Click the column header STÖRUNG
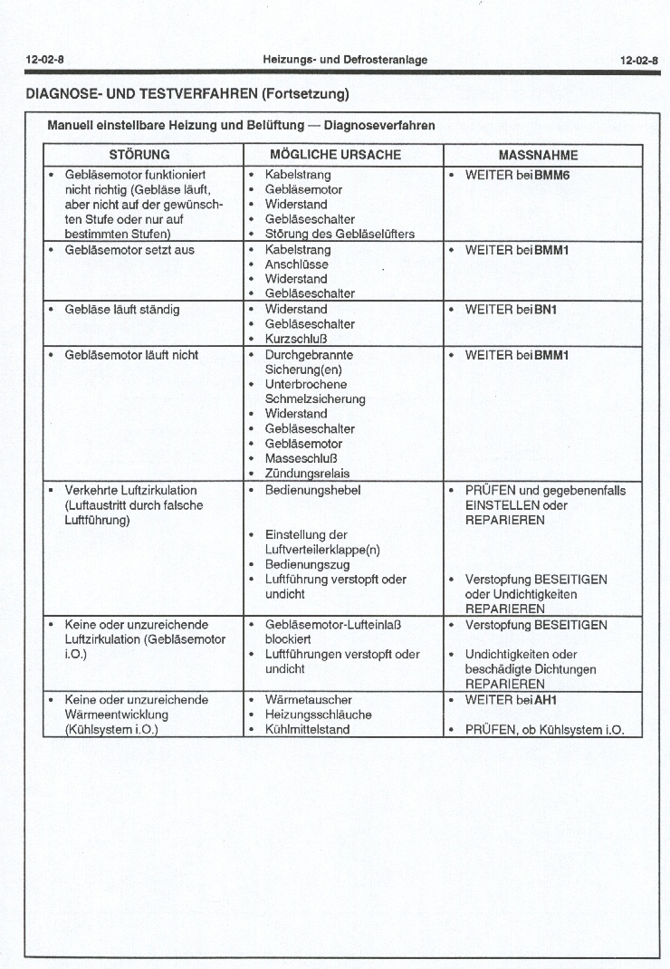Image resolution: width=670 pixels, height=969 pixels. pyautogui.click(x=139, y=155)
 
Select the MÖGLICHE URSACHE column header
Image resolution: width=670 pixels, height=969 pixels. pyautogui.click(x=335, y=155)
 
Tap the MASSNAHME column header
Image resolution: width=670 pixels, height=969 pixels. pyautogui.click(x=538, y=155)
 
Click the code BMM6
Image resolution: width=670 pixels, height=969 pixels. pyautogui.click(x=550, y=175)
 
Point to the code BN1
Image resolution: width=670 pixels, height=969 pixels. pyautogui.click(x=545, y=310)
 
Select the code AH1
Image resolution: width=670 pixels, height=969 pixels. pyautogui.click(x=545, y=700)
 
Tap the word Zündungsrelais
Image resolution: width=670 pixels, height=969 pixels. pyautogui.click(x=307, y=473)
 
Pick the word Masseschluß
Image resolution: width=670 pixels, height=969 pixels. pyautogui.click(x=301, y=458)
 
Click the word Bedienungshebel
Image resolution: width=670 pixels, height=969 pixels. pyautogui.click(x=312, y=490)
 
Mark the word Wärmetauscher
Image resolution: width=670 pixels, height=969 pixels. pyautogui.click(x=308, y=700)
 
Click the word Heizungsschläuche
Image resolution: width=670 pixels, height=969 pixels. pyautogui.click(x=318, y=715)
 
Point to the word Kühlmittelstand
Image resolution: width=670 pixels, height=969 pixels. pyautogui.click(x=307, y=729)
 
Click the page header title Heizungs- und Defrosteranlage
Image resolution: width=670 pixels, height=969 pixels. pyautogui.click(x=345, y=60)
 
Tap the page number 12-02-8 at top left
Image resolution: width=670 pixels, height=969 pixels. pyautogui.click(x=44, y=60)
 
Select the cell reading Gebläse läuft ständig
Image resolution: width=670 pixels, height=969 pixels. pyautogui.click(x=121, y=310)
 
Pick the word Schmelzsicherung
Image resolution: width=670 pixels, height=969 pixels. pyautogui.click(x=315, y=398)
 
